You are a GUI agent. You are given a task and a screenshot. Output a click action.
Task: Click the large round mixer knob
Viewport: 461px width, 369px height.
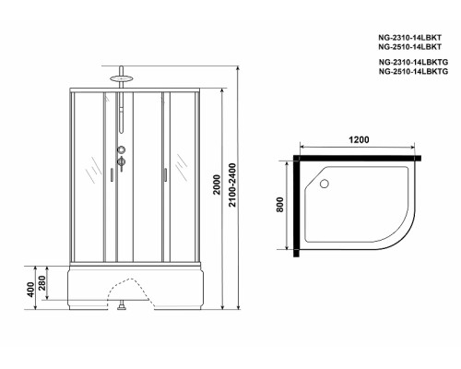120,150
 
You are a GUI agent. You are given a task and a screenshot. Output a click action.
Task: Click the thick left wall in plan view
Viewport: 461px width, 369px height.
296,206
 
